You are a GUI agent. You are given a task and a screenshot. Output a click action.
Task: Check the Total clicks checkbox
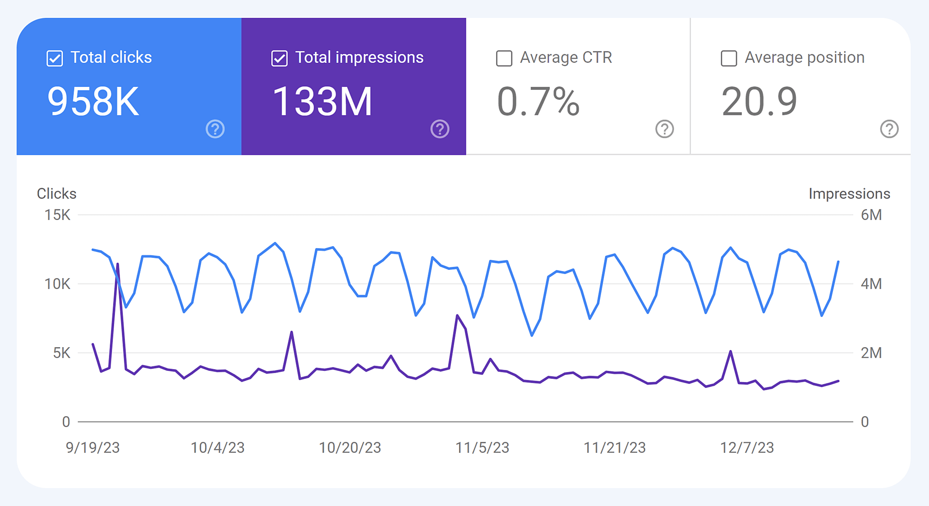pos(55,59)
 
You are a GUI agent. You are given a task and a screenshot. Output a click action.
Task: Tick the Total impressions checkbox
pos(279,59)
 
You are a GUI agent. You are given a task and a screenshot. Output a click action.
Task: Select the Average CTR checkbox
pos(504,59)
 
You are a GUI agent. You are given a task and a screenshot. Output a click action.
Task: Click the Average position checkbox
pos(729,59)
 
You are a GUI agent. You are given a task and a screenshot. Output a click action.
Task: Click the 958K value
pos(93,101)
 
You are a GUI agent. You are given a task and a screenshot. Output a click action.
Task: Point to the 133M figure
pos(322,101)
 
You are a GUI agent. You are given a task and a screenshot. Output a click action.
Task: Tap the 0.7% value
pos(538,101)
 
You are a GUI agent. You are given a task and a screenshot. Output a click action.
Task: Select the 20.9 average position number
pos(759,101)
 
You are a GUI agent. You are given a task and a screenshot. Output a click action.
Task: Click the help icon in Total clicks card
pos(215,129)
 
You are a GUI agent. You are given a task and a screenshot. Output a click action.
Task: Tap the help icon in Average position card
pos(889,129)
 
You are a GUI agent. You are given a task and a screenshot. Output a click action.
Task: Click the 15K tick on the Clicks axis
pos(57,215)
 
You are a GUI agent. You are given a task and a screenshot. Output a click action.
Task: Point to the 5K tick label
pos(61,353)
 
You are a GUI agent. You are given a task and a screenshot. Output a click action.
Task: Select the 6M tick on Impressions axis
pos(871,215)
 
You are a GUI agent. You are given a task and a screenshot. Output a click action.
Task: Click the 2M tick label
pos(871,353)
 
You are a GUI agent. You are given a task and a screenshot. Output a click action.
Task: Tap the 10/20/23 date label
pos(350,448)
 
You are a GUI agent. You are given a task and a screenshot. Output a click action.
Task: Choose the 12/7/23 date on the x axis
pos(747,448)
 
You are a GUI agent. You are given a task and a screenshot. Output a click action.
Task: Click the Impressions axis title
pos(849,194)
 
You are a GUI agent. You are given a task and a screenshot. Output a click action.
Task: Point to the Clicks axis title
pos(56,194)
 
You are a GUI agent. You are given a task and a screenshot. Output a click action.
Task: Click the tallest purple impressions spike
pos(118,264)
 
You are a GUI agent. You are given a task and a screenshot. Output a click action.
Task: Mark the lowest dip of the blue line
pos(532,336)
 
